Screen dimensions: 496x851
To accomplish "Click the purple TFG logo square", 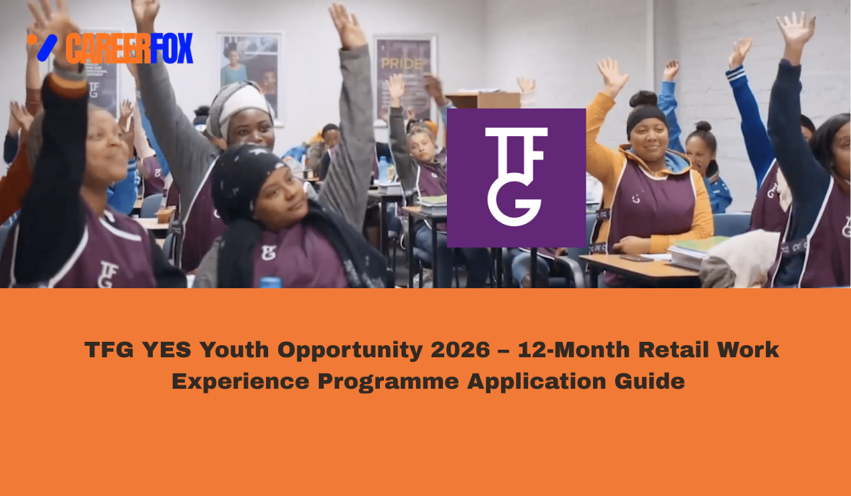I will coord(516,178).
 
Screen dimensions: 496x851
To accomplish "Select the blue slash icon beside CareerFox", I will coord(46,48).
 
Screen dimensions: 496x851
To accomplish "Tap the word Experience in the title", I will coord(241,381).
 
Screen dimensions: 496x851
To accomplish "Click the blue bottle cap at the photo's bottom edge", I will coord(270,283).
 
